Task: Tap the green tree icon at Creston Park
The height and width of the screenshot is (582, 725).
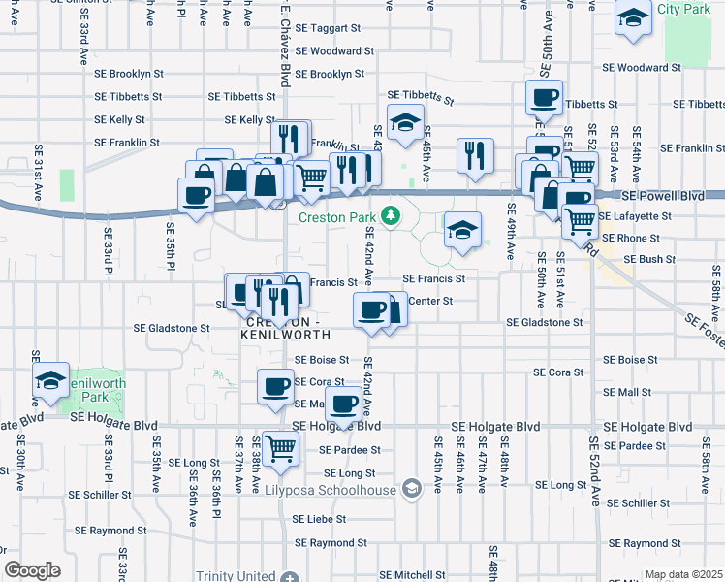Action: tap(392, 215)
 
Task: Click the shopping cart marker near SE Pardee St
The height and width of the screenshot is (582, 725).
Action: tap(280, 449)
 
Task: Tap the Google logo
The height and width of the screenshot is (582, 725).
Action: tap(32, 570)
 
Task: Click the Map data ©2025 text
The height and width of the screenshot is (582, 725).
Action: tap(683, 574)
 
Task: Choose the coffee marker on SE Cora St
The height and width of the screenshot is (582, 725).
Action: tap(275, 386)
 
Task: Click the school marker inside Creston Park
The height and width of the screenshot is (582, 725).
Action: tap(462, 230)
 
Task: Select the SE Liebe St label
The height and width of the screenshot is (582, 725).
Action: tap(319, 519)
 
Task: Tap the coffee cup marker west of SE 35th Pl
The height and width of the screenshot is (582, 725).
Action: tap(197, 195)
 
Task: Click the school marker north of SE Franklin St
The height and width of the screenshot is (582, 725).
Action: tap(404, 123)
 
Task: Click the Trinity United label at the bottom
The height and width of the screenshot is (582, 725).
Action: tap(236, 575)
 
